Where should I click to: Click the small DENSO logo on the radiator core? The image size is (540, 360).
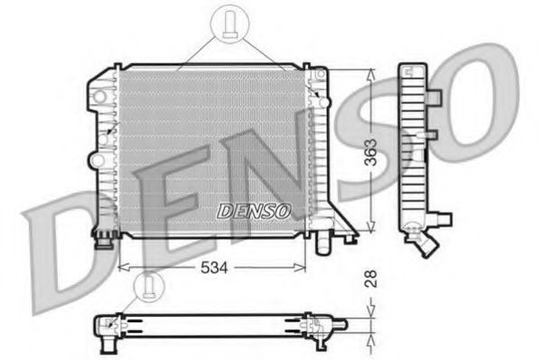[x=255, y=210]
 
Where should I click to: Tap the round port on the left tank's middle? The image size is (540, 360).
[x=94, y=160]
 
